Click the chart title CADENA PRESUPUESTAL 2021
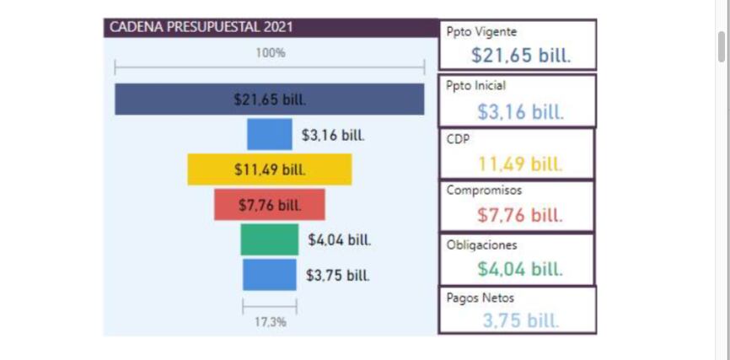(201, 27)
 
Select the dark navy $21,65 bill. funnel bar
(270, 99)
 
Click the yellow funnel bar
(270, 169)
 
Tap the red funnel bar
(269, 205)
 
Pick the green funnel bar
(269, 239)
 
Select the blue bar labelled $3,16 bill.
(269, 135)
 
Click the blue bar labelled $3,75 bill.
(270, 275)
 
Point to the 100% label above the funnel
(271, 52)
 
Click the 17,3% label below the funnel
(270, 322)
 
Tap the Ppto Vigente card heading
(481, 33)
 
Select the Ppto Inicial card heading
(476, 86)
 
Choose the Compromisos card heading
(484, 191)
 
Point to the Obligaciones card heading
(481, 244)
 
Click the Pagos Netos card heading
(480, 298)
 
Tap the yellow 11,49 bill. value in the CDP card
(519, 164)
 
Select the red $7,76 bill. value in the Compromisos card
(519, 215)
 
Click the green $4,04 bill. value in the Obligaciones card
(519, 269)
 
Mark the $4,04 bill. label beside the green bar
(339, 240)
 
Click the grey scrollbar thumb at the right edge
(722, 46)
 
